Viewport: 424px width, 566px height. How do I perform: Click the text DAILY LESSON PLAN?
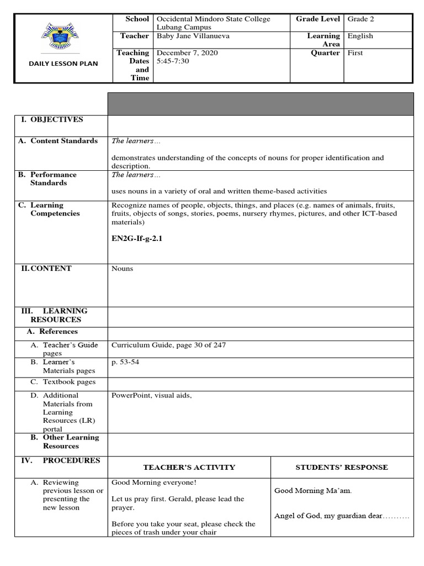point(63,64)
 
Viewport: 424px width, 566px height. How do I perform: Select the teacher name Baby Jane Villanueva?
point(191,36)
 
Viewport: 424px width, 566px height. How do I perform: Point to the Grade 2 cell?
point(361,19)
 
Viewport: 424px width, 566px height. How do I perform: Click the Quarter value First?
point(355,53)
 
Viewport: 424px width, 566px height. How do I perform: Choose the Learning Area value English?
point(360,36)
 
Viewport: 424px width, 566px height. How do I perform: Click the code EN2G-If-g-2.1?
point(138,239)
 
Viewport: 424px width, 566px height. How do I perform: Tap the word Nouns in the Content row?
point(122,269)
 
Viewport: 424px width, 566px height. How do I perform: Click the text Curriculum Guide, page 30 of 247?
point(168,345)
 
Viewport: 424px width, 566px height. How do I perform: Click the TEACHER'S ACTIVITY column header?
point(189,467)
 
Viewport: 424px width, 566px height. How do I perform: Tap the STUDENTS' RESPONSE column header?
point(341,467)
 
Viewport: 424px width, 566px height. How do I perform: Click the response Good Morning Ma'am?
point(313,490)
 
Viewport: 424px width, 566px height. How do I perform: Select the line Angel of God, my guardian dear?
point(341,516)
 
